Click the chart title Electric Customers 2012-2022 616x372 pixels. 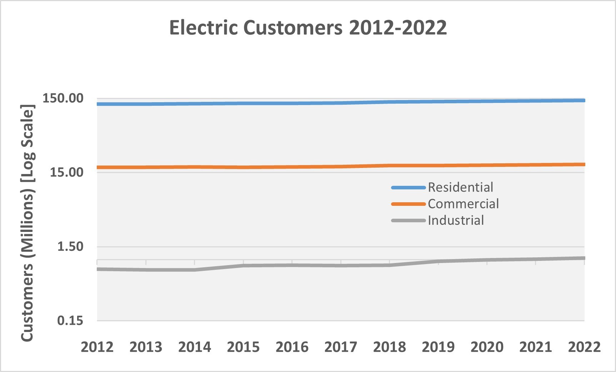tap(308, 28)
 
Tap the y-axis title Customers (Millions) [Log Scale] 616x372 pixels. tap(27, 223)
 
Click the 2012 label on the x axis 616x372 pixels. tap(97, 347)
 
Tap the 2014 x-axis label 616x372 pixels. tap(195, 347)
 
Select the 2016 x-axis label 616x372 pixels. tap(292, 347)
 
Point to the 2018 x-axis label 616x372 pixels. tap(390, 347)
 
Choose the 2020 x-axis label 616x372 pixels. tap(487, 347)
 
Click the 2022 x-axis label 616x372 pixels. tap(584, 347)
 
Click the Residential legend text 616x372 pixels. tap(460, 187)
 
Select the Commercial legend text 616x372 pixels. tap(463, 204)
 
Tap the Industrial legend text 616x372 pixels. tap(456, 220)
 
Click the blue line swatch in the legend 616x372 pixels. tap(409, 188)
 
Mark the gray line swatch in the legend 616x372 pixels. tap(409, 220)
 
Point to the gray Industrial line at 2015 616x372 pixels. tap(244, 266)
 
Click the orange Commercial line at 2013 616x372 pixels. tap(146, 167)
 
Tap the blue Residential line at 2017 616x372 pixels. tap(341, 103)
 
